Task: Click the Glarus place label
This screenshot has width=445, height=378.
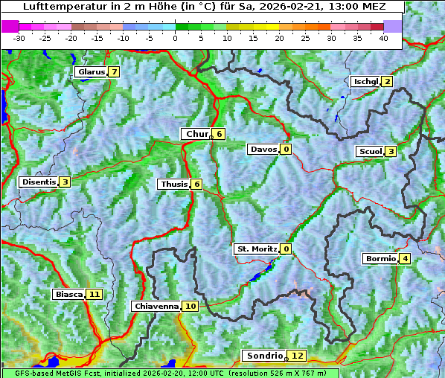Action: (90, 72)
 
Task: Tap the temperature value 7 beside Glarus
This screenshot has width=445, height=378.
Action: (114, 72)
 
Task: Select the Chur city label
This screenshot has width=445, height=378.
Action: (196, 134)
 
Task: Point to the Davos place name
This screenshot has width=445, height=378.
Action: (263, 149)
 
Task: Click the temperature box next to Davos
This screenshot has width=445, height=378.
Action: (286, 149)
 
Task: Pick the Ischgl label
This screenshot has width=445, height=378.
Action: (365, 81)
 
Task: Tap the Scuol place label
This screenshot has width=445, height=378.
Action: (370, 151)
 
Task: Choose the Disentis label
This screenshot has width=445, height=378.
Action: (38, 182)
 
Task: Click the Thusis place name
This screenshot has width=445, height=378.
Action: (173, 184)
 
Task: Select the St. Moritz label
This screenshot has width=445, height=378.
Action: (256, 249)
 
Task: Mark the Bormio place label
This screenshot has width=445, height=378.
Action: (380, 259)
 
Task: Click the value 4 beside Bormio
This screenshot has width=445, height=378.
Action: (404, 259)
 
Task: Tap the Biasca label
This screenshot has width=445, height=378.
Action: (68, 294)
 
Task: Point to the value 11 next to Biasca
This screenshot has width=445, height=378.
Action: (94, 294)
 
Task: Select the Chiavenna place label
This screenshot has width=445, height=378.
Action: (156, 306)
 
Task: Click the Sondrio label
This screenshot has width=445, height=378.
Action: (264, 356)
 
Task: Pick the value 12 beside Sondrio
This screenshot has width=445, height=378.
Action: (298, 356)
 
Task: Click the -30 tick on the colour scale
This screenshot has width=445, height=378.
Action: (19, 37)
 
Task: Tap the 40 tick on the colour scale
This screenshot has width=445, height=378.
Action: (383, 37)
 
